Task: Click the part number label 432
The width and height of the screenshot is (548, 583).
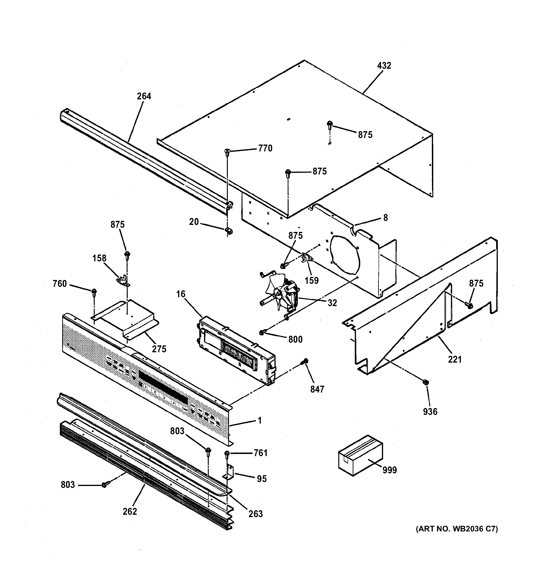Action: (x=384, y=65)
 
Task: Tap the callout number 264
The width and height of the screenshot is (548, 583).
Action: (x=144, y=96)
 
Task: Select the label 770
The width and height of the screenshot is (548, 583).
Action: (x=265, y=148)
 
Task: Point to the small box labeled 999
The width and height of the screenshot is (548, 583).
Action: (x=360, y=455)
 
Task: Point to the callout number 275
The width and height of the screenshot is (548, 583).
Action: (x=159, y=349)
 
